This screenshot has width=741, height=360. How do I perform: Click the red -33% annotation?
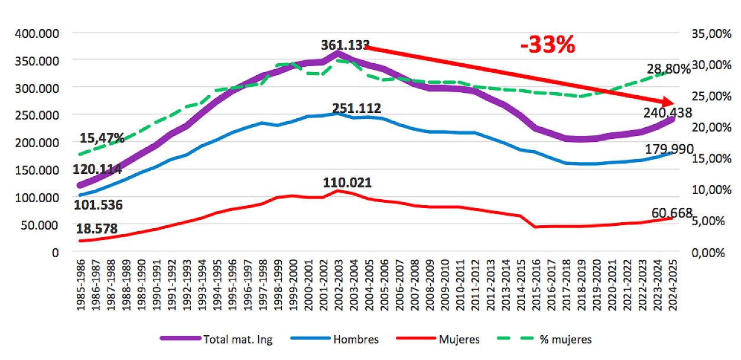(x=548, y=46)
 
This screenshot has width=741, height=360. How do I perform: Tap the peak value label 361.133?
(x=345, y=46)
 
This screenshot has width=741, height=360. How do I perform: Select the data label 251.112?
(x=356, y=109)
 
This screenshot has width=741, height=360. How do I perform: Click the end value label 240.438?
(x=665, y=113)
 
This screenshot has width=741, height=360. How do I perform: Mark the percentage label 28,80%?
(x=668, y=70)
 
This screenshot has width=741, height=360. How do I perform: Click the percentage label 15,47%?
(x=102, y=139)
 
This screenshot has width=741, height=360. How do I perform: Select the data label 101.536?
(x=97, y=205)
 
